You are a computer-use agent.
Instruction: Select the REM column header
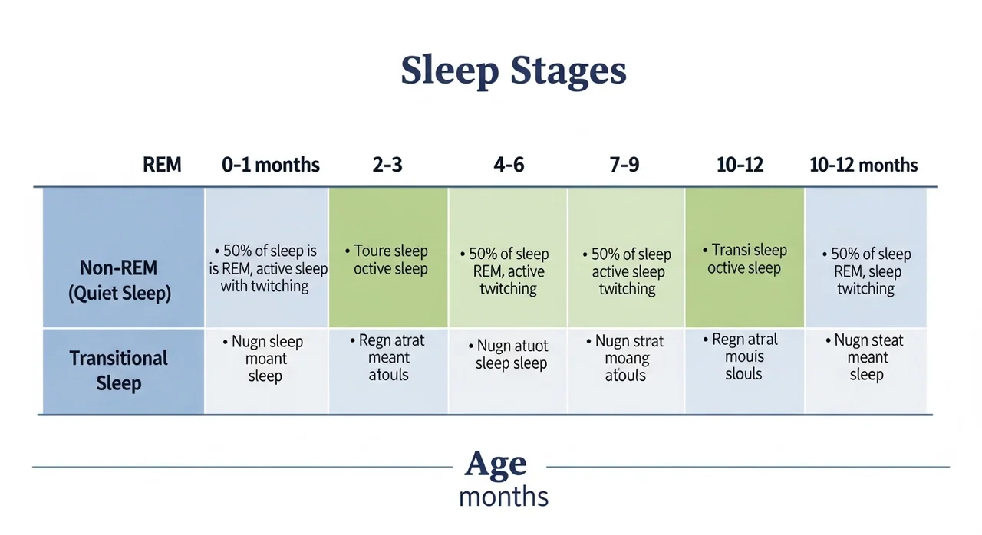[162, 165]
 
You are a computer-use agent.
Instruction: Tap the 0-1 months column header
[271, 165]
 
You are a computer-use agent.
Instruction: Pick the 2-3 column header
[387, 165]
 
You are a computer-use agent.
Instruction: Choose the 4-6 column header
[509, 165]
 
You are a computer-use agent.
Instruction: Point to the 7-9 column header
[624, 165]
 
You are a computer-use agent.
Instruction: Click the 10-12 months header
[864, 165]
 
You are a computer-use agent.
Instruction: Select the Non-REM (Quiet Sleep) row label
[119, 281]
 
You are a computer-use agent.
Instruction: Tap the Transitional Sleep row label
[118, 370]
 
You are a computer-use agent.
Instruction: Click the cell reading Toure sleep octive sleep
[388, 258]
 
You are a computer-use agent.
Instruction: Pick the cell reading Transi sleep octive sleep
[744, 258]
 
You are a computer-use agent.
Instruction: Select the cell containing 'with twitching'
[266, 258]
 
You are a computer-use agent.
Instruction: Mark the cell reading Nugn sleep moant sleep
[266, 371]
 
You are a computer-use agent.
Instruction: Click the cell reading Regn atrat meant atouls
[388, 371]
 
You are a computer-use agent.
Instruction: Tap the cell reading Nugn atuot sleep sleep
[508, 371]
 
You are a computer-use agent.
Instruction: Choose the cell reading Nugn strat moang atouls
[626, 371]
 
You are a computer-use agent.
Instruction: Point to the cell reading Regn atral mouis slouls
[744, 371]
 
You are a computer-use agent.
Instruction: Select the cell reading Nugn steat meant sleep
[866, 371]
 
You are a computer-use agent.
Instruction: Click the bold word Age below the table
[496, 463]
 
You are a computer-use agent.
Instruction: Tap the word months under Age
[504, 497]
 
